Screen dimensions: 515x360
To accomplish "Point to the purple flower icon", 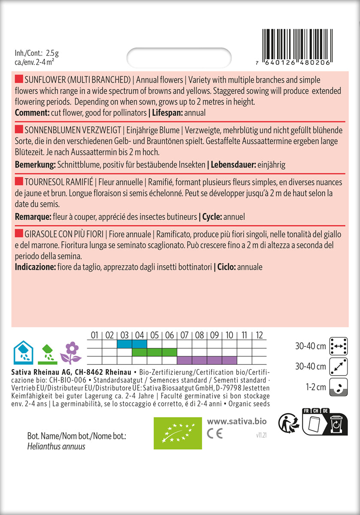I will pos(71,352).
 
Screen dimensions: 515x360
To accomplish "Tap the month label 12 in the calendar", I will pos(259,335).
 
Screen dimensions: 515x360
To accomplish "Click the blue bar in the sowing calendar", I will pos(131,344).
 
